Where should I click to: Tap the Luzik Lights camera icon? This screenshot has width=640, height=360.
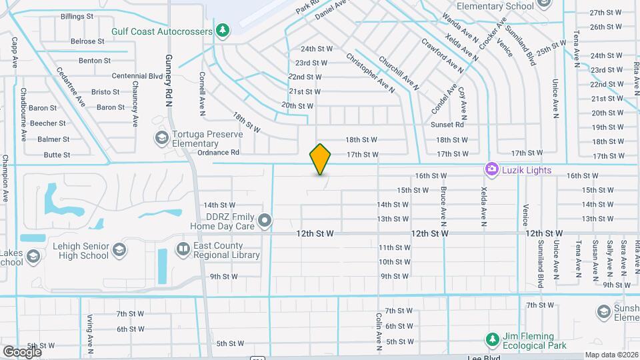492,170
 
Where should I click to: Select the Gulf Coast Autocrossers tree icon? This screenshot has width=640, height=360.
223,31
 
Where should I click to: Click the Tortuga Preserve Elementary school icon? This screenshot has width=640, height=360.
161,138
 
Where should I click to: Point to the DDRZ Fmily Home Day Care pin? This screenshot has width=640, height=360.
265,219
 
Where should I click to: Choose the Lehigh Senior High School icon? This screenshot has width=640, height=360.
119,249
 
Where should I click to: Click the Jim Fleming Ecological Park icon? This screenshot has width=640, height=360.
493,339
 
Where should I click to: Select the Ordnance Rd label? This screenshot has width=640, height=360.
219,153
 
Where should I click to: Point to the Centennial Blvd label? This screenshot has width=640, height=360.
137,76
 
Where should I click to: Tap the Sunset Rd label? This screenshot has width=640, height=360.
447,125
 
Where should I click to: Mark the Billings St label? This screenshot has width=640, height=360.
77,16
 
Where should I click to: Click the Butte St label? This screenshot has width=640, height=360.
57,155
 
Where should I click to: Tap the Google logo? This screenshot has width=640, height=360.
22,351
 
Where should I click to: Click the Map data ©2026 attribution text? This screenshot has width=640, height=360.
611,355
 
